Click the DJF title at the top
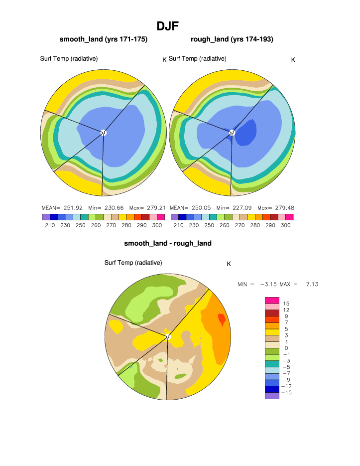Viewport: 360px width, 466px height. pyautogui.click(x=167, y=26)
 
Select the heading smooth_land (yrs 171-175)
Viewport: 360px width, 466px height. pyautogui.click(x=103, y=39)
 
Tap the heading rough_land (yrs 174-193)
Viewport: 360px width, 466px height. pyautogui.click(x=232, y=39)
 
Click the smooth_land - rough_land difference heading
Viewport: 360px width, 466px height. pyautogui.click(x=168, y=243)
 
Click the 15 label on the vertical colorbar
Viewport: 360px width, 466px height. pyautogui.click(x=286, y=304)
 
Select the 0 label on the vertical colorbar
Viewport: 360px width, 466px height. pyautogui.click(x=286, y=348)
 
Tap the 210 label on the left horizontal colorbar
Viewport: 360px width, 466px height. pyautogui.click(x=50, y=225)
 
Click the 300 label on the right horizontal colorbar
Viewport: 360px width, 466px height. pyautogui.click(x=285, y=225)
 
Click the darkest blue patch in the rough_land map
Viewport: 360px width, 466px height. pyautogui.click(x=245, y=134)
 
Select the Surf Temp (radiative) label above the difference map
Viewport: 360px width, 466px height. pyautogui.click(x=133, y=263)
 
